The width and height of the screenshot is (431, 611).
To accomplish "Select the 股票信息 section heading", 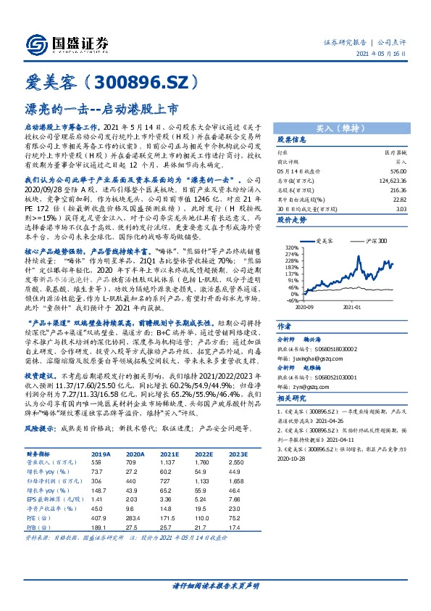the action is pyautogui.click(x=293, y=138).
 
